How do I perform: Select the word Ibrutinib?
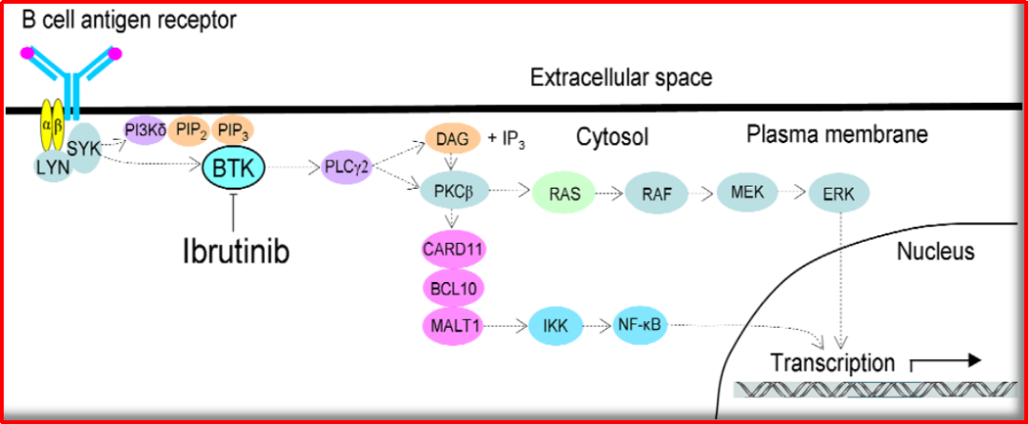[x=235, y=252]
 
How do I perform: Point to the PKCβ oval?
[x=453, y=192]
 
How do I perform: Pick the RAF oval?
[x=656, y=193]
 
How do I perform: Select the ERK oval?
[x=840, y=193]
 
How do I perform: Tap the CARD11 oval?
[x=453, y=250]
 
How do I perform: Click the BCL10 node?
[x=453, y=288]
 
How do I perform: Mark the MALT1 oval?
[x=453, y=324]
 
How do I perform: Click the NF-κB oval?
[x=641, y=324]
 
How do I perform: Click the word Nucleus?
[x=936, y=250]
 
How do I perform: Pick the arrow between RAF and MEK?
[x=702, y=193]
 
